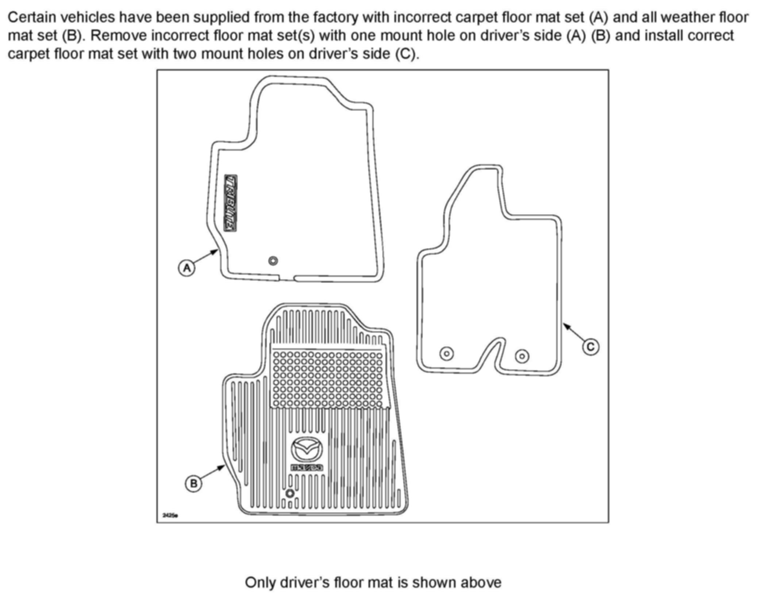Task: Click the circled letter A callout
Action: click(x=186, y=268)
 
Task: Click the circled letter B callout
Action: click(x=193, y=484)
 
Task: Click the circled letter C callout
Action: click(x=590, y=347)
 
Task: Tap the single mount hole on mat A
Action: click(x=273, y=261)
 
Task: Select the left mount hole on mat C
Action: click(x=447, y=353)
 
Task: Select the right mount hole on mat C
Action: click(x=522, y=356)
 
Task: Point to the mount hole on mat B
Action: click(x=290, y=493)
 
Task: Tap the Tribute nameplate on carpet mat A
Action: click(x=230, y=203)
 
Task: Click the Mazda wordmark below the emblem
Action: click(x=307, y=467)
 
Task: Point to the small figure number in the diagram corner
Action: click(x=170, y=515)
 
